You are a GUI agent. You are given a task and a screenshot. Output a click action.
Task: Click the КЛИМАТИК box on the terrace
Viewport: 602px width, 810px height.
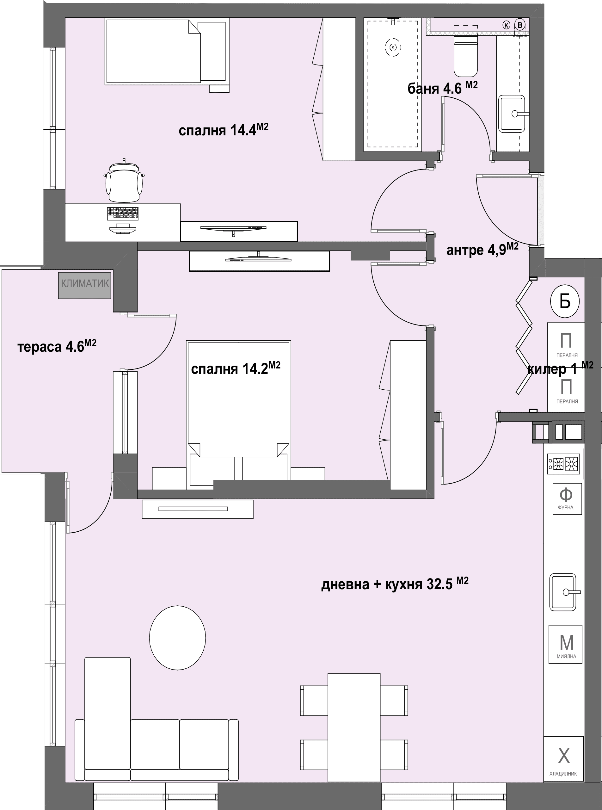click(x=84, y=284)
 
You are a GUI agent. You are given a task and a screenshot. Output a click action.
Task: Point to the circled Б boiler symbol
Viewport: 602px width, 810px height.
click(x=565, y=301)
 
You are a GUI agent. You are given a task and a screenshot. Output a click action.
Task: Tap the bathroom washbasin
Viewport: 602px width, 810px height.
click(x=512, y=114)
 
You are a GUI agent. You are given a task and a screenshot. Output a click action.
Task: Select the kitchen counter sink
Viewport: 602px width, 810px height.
click(x=564, y=592)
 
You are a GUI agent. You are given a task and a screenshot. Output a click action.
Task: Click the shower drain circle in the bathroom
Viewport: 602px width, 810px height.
click(x=393, y=47)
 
